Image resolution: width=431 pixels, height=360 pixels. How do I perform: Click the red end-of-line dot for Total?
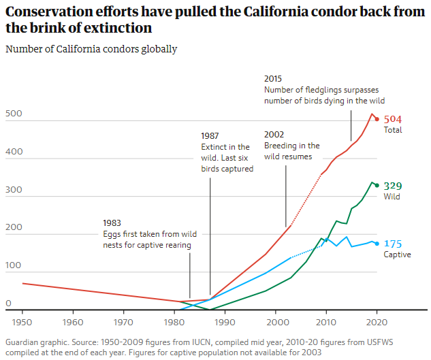click(x=377, y=119)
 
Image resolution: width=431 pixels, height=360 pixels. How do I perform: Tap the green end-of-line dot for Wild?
click(x=377, y=185)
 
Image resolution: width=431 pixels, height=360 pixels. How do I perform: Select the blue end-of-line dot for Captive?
click(x=377, y=244)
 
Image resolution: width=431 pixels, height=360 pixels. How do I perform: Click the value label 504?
click(x=394, y=119)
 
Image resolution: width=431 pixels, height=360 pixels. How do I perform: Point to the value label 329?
click(x=392, y=186)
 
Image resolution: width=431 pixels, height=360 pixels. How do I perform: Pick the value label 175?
click(x=392, y=244)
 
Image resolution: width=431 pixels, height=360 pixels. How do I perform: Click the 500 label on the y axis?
click(x=13, y=114)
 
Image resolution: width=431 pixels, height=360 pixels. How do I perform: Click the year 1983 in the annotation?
click(x=113, y=223)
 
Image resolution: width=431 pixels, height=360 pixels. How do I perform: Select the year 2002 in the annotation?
click(x=274, y=134)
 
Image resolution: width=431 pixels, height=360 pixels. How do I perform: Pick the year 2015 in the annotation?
click(x=274, y=79)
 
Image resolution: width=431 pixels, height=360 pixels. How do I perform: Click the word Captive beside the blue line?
click(x=397, y=255)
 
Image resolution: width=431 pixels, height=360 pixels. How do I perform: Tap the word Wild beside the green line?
click(x=392, y=197)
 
